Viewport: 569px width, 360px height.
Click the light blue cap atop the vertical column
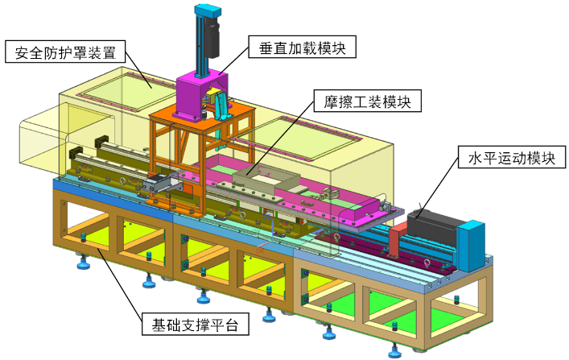click(207, 11)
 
